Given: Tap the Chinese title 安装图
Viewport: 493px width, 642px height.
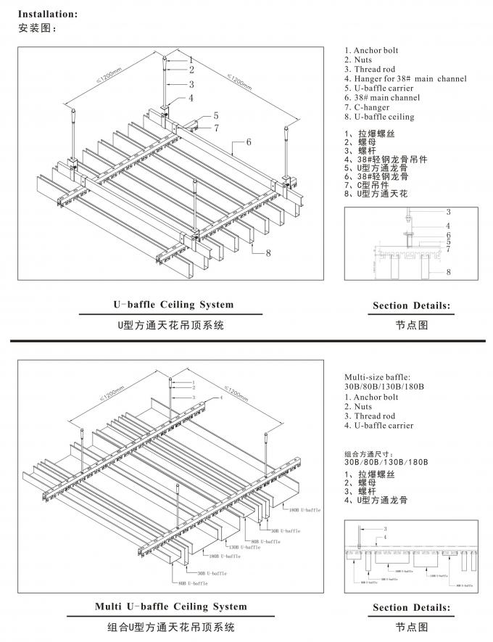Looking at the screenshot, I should (36, 28).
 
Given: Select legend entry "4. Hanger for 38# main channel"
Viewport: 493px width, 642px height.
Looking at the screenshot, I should (405, 78).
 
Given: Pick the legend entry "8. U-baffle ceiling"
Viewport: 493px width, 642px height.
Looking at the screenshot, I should (379, 117).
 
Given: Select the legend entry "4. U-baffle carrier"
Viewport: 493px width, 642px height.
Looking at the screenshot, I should (378, 426).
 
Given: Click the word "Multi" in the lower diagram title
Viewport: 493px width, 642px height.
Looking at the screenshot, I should (109, 606).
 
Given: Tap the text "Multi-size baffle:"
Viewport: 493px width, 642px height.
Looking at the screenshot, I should (377, 377).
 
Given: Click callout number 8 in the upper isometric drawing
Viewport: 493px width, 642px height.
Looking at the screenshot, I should (268, 252).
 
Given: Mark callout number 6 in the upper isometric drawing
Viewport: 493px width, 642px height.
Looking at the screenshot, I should (249, 142).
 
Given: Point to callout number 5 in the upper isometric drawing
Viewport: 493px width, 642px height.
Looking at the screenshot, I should (215, 116).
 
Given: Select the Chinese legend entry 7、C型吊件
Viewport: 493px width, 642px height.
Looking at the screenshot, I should (369, 186).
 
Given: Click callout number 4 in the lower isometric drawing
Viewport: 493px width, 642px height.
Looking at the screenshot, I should (220, 398).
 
